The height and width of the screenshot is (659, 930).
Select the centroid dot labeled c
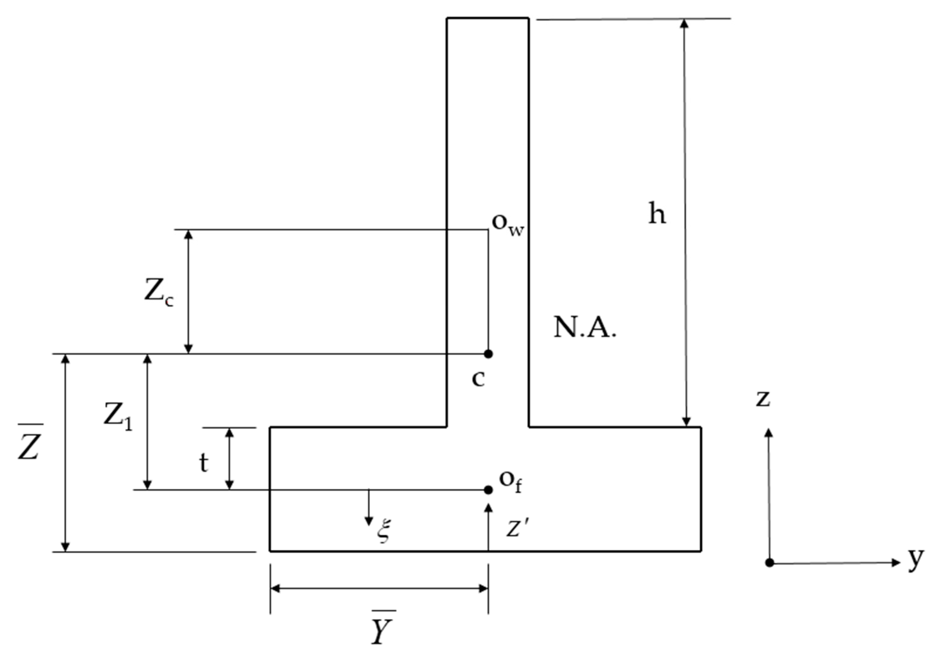(489, 354)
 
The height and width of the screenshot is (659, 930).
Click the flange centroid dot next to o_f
(489, 490)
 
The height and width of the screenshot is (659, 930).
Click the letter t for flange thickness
(204, 463)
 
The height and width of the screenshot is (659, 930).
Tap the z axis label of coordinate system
(763, 399)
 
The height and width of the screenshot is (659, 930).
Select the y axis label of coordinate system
(915, 560)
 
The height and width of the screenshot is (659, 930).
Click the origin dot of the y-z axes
(769, 563)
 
